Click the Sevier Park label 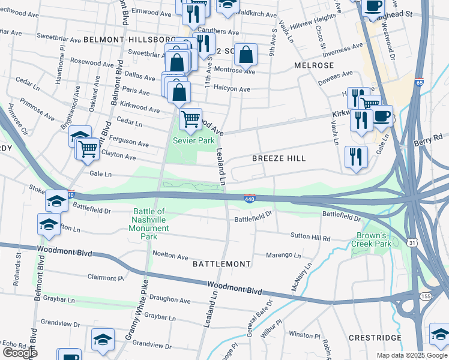pos(194,140)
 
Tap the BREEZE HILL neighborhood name pos(279,158)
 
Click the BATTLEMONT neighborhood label pos(221,264)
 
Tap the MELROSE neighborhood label pos(314,65)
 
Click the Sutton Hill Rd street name pos(310,238)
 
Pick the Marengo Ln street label pos(284,256)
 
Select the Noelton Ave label pos(170,256)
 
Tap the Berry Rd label pos(427,142)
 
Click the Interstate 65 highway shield pos(418,82)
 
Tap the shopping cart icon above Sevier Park pos(191,119)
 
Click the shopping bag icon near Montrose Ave pos(246,55)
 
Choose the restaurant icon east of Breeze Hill pos(356,157)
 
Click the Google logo pos(20,353)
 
